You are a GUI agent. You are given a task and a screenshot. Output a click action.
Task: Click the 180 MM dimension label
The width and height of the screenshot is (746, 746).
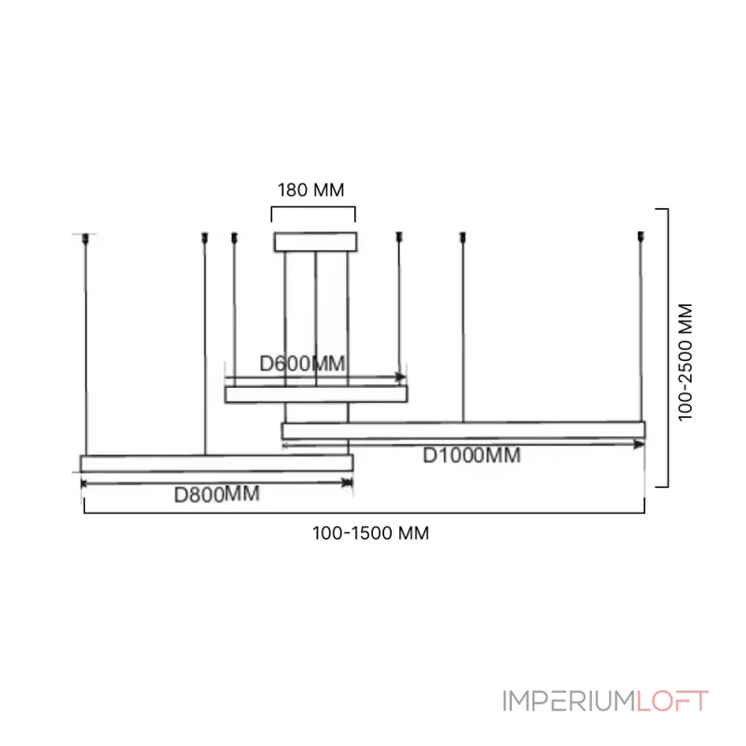coord(311,189)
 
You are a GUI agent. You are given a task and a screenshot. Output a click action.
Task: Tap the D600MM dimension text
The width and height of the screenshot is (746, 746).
coord(302,364)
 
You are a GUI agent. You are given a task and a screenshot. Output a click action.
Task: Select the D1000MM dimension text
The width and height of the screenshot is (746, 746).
coord(472,456)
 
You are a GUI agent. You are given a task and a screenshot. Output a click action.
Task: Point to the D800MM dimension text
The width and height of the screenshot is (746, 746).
coord(217,495)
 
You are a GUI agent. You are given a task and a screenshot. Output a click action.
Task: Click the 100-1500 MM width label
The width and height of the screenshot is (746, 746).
coord(371,533)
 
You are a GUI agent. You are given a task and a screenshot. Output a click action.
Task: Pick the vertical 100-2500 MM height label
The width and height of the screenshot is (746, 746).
coord(687,362)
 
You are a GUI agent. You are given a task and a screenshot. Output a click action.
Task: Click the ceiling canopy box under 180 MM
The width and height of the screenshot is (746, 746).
coord(315,242)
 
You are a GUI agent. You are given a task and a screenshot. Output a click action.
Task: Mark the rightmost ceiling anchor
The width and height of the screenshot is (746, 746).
coord(641,237)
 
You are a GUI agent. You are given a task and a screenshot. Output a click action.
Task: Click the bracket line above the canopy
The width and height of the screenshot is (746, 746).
coord(313,207)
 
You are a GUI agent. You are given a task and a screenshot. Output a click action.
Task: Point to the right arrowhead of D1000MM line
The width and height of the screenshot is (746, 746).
coord(640,444)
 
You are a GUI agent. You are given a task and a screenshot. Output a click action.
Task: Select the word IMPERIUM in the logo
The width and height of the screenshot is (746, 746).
coord(566,700)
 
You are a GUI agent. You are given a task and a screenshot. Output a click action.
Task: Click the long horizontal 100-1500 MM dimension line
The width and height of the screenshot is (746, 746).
coord(364,512)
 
